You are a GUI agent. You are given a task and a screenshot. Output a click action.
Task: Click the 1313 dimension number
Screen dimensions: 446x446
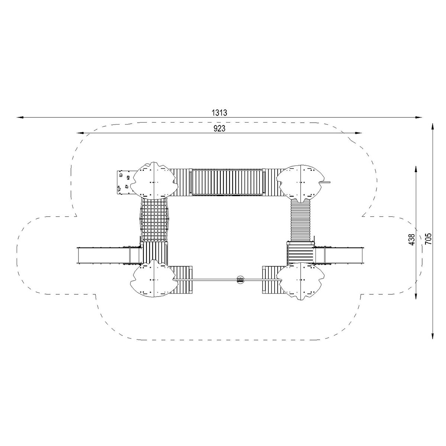[x=219, y=113]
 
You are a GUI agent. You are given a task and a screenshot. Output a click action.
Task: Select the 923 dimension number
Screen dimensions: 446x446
[x=219, y=129]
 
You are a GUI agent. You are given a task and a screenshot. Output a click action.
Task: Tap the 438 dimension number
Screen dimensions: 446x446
[x=412, y=240]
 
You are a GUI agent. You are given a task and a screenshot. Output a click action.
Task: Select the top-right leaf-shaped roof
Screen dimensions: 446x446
[x=300, y=183]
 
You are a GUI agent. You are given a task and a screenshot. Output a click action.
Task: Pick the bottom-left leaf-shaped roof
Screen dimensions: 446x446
[x=153, y=279]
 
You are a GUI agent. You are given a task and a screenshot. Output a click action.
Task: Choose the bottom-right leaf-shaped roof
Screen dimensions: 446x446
[x=300, y=281]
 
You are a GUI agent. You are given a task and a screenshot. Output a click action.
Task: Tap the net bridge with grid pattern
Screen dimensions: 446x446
[x=154, y=220]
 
